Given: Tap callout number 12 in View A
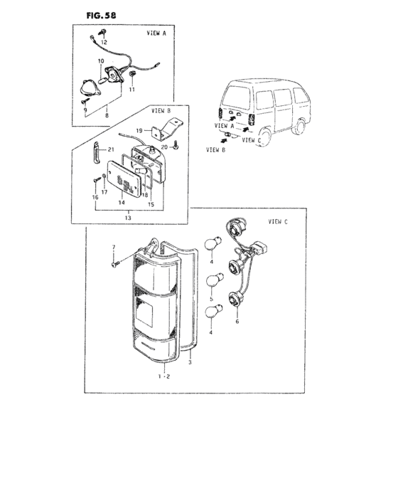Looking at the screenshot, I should (104, 43).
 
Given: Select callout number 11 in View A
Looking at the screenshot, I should (131, 90).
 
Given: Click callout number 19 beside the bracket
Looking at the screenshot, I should (140, 130).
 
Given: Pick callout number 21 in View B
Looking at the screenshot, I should (111, 150).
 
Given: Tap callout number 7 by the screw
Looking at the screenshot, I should (112, 247).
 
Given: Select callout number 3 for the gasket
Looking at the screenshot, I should (190, 364).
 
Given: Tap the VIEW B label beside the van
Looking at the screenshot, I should (213, 150).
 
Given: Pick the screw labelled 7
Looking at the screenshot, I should (114, 264).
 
